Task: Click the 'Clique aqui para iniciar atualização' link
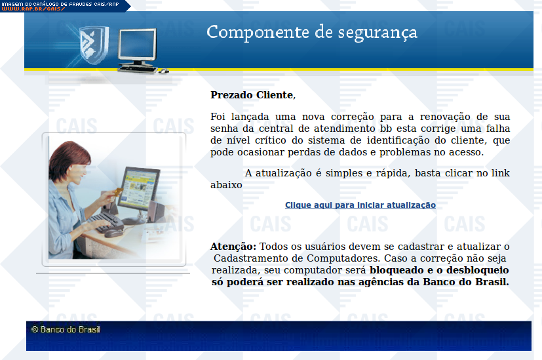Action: click(x=360, y=205)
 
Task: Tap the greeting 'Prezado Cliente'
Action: click(x=252, y=95)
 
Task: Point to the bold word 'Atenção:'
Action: click(x=233, y=246)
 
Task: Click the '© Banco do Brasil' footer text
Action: click(x=66, y=329)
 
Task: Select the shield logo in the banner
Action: click(x=93, y=45)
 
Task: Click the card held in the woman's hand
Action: click(x=118, y=191)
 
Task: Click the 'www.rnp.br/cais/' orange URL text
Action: click(x=33, y=9)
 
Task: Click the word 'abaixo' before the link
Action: click(x=226, y=185)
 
